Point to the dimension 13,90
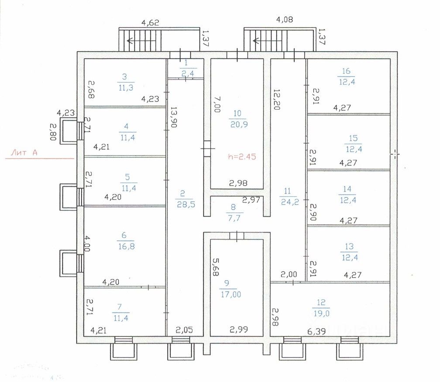click(x=174, y=117)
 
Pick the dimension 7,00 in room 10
click(x=216, y=105)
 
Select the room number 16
click(x=347, y=72)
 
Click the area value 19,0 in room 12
click(x=322, y=313)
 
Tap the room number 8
click(x=233, y=207)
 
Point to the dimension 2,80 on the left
click(x=53, y=132)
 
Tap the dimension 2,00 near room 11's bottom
click(x=289, y=274)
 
